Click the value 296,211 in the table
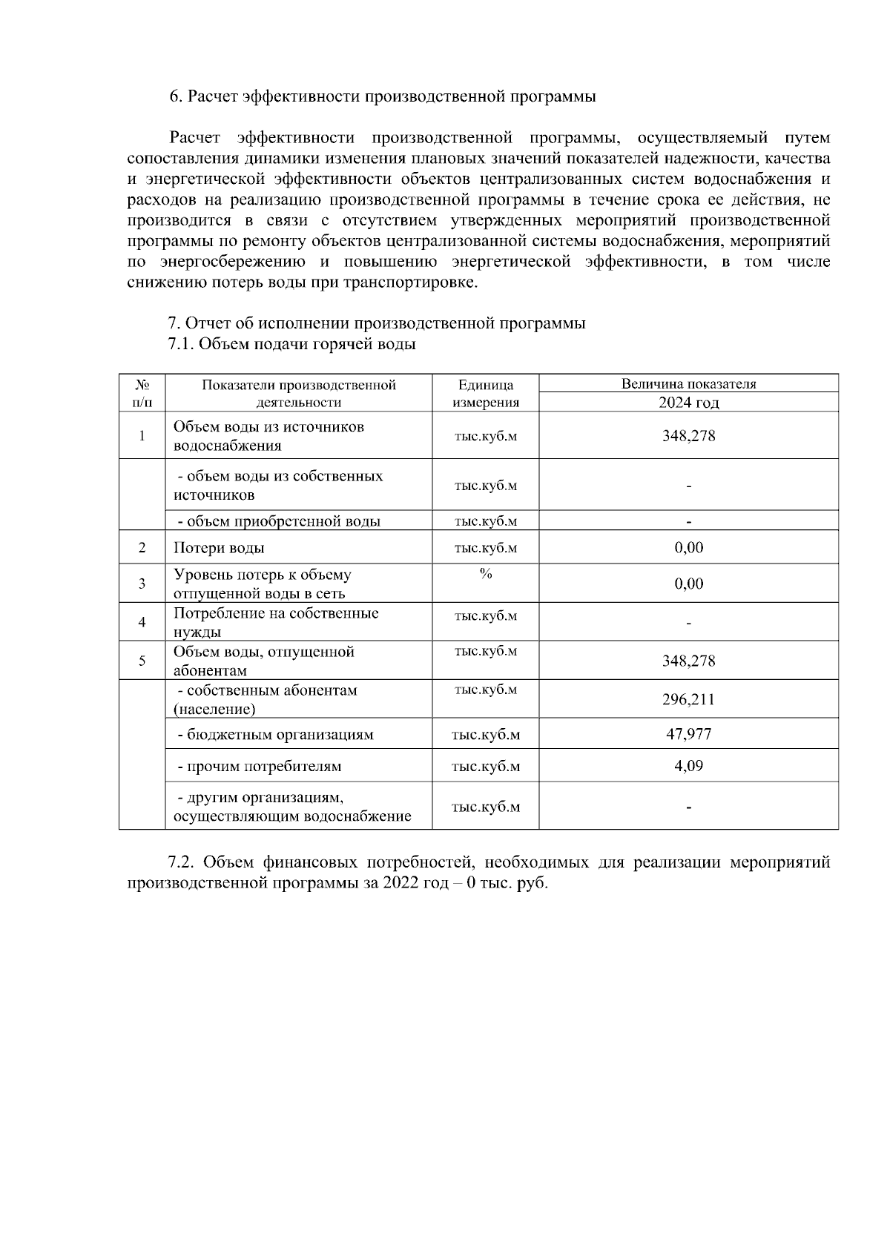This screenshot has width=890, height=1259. [688, 699]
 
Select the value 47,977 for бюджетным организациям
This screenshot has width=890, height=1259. [688, 734]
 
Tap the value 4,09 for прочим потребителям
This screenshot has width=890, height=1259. [688, 765]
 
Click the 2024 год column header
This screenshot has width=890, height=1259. [688, 403]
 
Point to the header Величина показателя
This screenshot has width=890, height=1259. [688, 384]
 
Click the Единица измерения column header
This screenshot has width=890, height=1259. [485, 393]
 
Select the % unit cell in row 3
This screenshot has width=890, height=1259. [485, 574]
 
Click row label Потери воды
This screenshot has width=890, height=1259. [219, 548]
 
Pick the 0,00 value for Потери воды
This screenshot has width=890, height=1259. [688, 548]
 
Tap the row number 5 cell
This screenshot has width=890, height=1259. [142, 661]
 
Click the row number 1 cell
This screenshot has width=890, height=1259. [142, 435]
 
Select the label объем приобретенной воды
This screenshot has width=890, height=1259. [278, 521]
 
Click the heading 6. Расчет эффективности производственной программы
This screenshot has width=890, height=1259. [383, 96]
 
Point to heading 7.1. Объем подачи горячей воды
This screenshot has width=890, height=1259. [291, 344]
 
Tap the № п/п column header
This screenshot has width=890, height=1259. [142, 393]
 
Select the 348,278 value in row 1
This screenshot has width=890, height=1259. [688, 435]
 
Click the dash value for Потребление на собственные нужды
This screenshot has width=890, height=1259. [688, 624]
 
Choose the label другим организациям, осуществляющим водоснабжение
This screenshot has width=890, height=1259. [292, 807]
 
